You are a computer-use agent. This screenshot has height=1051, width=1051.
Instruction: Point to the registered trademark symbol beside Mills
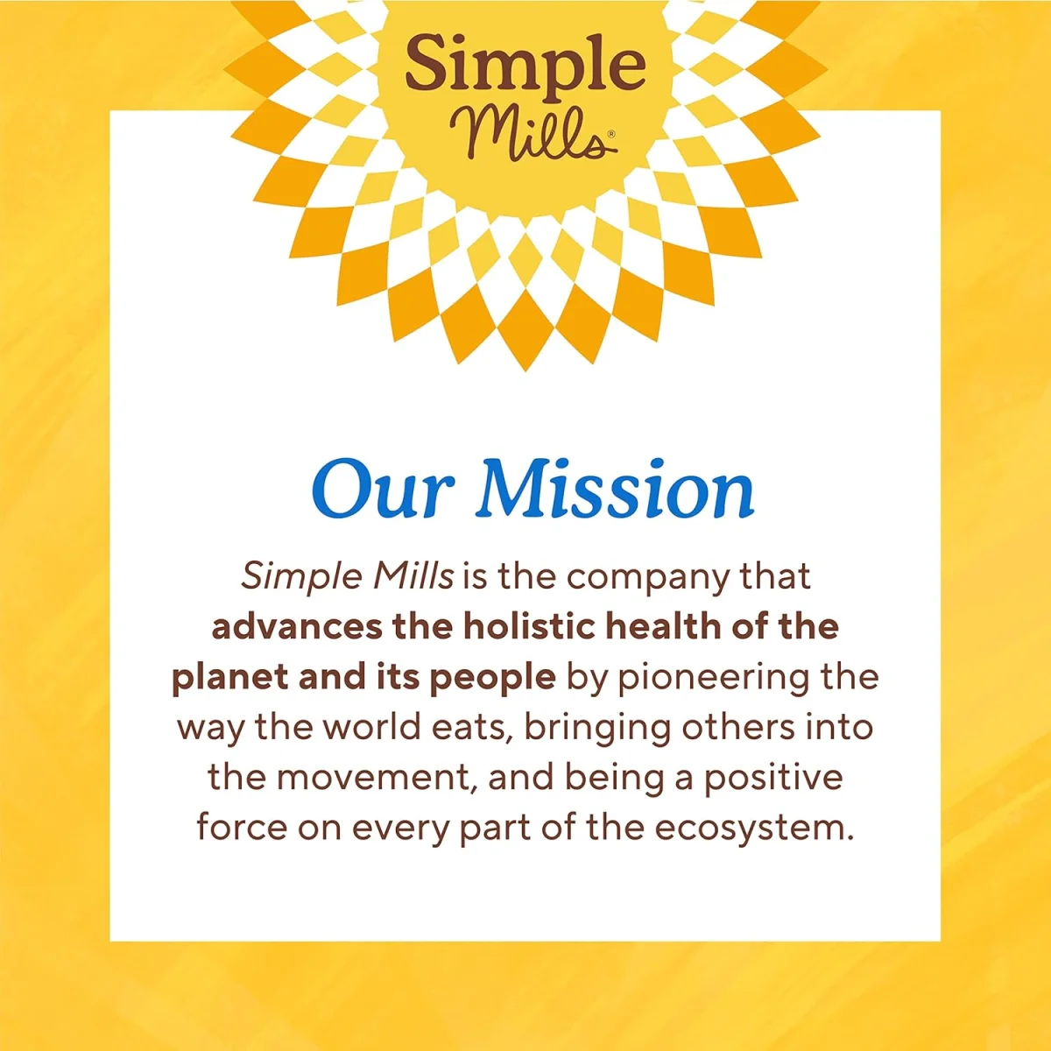tap(611, 133)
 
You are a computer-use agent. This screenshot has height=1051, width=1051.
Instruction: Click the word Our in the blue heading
tap(383, 488)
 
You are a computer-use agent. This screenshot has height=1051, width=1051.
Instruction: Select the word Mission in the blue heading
tap(616, 488)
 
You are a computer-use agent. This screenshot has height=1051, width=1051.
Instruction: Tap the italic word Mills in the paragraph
tap(413, 575)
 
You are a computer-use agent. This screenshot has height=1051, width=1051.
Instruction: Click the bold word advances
tap(297, 628)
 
